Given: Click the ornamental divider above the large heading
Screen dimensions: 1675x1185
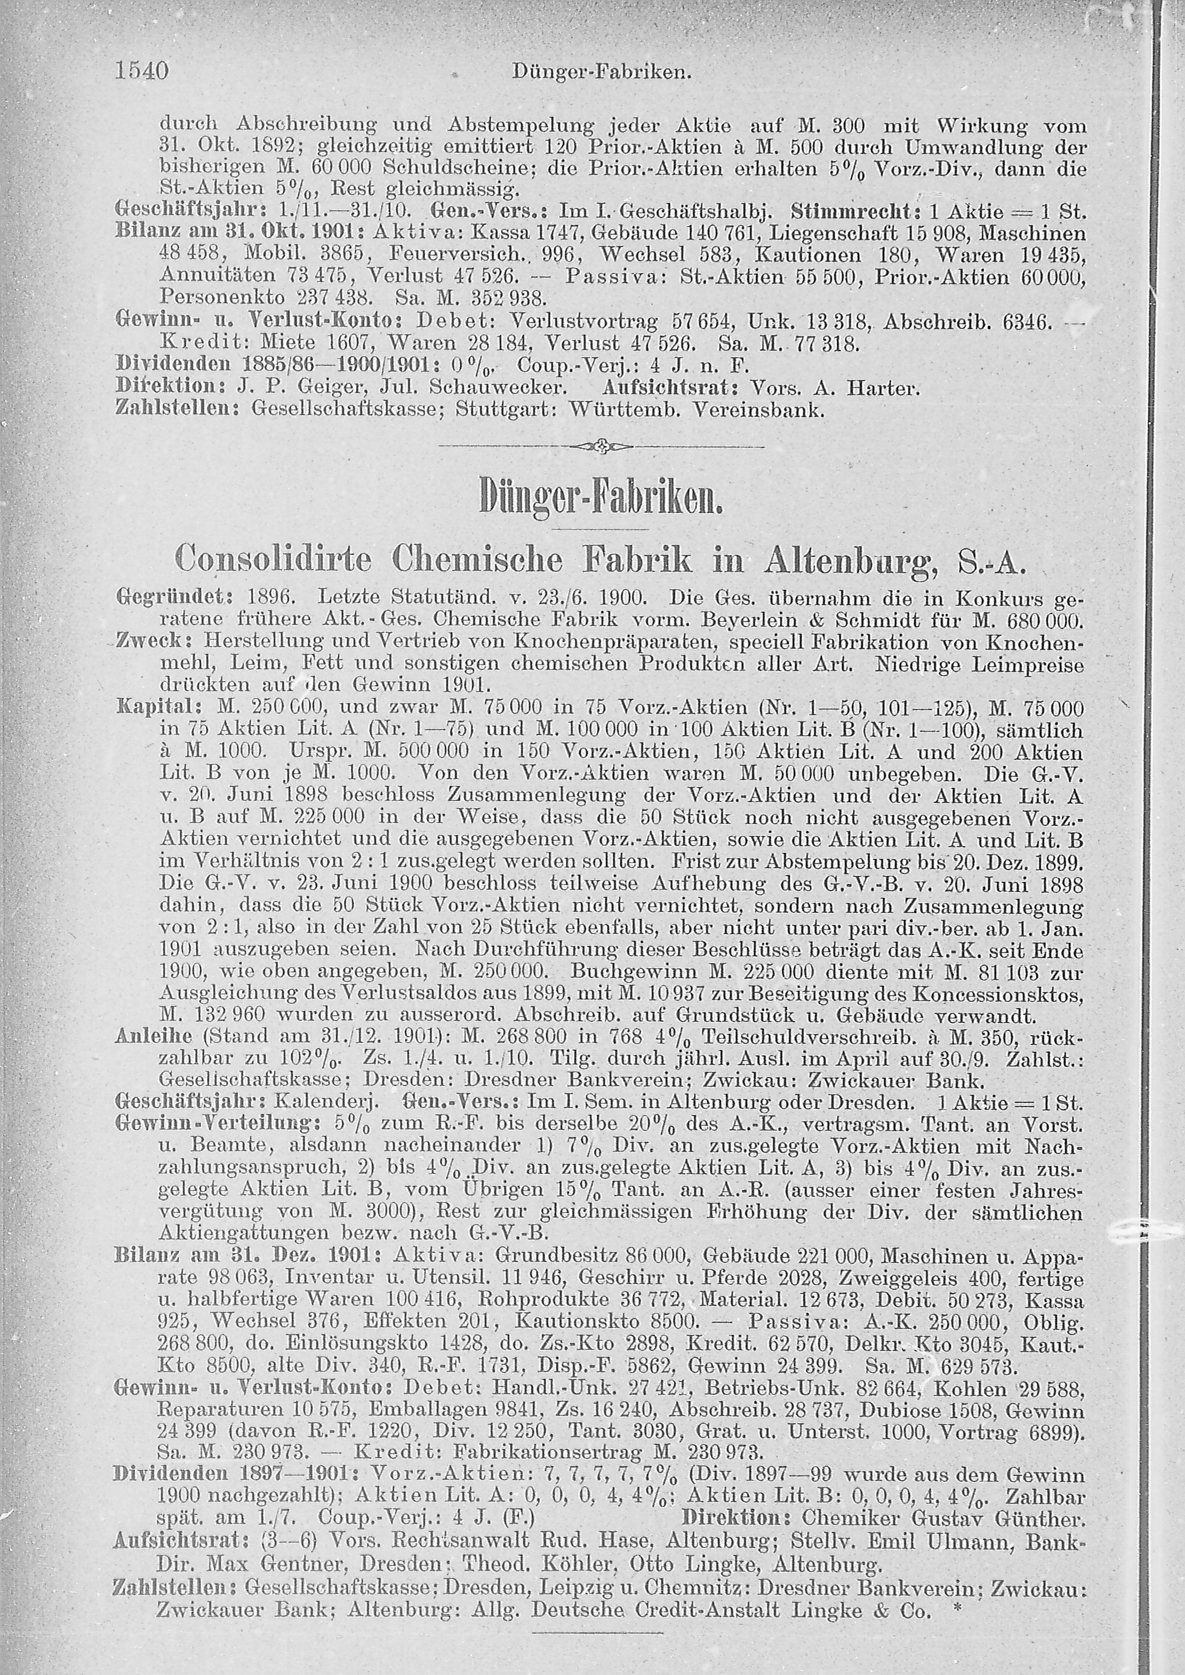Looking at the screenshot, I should click(602, 445).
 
